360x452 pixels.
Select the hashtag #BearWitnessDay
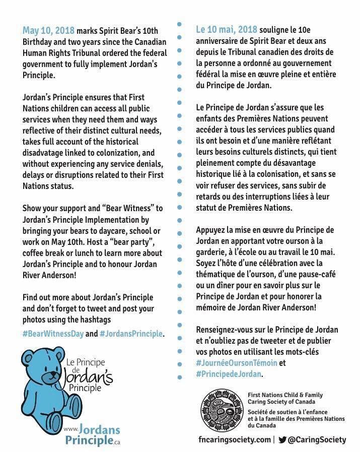tap(52, 334)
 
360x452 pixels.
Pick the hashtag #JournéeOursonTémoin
tap(234, 363)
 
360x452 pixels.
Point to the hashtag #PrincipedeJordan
tap(229, 374)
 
